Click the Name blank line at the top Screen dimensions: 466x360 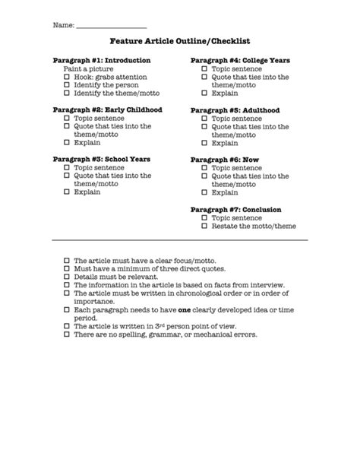pyautogui.click(x=111, y=27)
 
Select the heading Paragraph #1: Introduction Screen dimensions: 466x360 pyautogui.click(x=101, y=60)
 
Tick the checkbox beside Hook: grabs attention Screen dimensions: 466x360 pyautogui.click(x=67, y=77)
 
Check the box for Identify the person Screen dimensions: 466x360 pyautogui.click(x=67, y=85)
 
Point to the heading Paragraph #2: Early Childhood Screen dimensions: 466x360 pyautogui.click(x=107, y=109)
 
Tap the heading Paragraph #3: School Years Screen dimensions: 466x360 pyautogui.click(x=101, y=159)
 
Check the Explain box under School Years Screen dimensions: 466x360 pyautogui.click(x=67, y=192)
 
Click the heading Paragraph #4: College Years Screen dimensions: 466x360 pyautogui.click(x=240, y=60)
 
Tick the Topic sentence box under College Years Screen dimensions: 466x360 pyautogui.click(x=204, y=68)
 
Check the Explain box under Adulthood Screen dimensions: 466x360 pyautogui.click(x=204, y=143)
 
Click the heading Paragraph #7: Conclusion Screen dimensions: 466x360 pyautogui.click(x=235, y=209)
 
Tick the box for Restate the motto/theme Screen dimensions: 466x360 pyautogui.click(x=204, y=226)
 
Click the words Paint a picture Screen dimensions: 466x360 pyautogui.click(x=88, y=68)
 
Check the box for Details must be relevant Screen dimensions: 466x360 pyautogui.click(x=67, y=277)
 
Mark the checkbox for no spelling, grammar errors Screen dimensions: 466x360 pyautogui.click(x=67, y=334)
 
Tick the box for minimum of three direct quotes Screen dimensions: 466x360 pyautogui.click(x=67, y=268)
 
